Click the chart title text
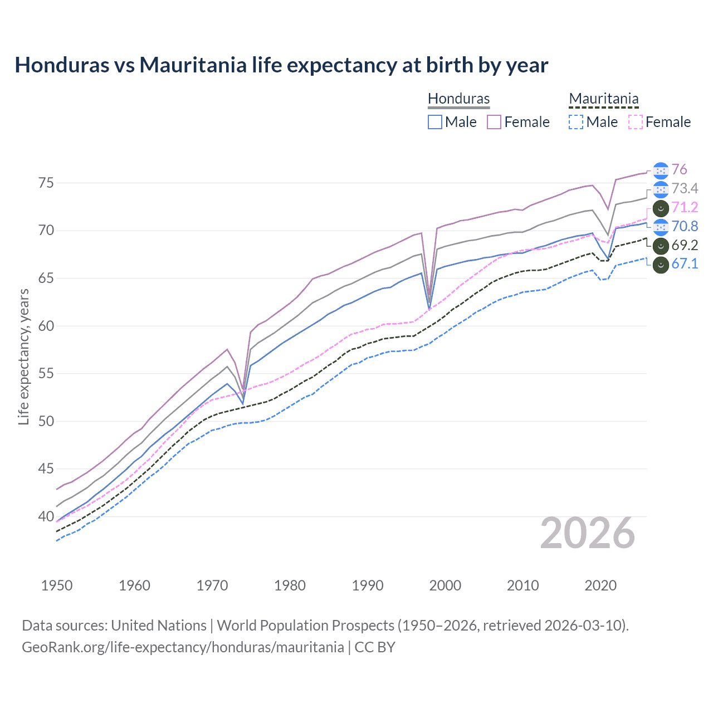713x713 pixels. [x=281, y=65]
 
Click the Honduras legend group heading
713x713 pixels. [x=458, y=99]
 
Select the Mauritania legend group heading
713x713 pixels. [x=603, y=99]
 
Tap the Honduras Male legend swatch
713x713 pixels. [x=435, y=122]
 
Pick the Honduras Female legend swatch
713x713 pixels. [x=494, y=122]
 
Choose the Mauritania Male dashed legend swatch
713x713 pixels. [x=576, y=122]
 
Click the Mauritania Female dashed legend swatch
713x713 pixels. [x=636, y=122]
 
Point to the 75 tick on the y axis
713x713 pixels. [x=46, y=183]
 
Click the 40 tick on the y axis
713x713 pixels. [x=46, y=516]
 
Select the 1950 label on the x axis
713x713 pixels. [x=57, y=585]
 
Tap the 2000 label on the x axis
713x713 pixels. [x=445, y=585]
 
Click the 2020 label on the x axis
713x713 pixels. [x=600, y=585]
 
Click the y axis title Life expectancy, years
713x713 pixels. [x=23, y=356]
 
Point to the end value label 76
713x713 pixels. [x=679, y=169]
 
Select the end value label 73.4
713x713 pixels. [x=685, y=188]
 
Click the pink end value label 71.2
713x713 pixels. [x=685, y=207]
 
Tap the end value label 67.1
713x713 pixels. [x=685, y=264]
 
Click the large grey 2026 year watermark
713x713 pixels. [x=588, y=533]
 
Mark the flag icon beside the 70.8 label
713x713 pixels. [x=661, y=226]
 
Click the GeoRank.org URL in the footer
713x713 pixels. [x=183, y=647]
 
